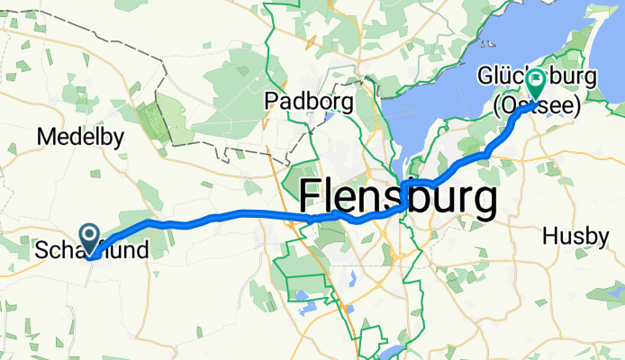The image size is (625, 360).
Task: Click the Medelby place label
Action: pyautogui.click(x=77, y=136)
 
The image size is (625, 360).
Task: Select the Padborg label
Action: pyautogui.click(x=309, y=102)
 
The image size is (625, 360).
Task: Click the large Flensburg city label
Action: pyautogui.click(x=396, y=195)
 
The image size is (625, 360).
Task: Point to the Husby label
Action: pyautogui.click(x=576, y=237)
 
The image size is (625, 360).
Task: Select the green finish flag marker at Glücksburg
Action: pyautogui.click(x=538, y=84)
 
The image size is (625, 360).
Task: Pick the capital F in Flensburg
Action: pyautogui.click(x=311, y=195)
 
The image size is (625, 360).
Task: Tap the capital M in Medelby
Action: pyautogui.click(x=43, y=136)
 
